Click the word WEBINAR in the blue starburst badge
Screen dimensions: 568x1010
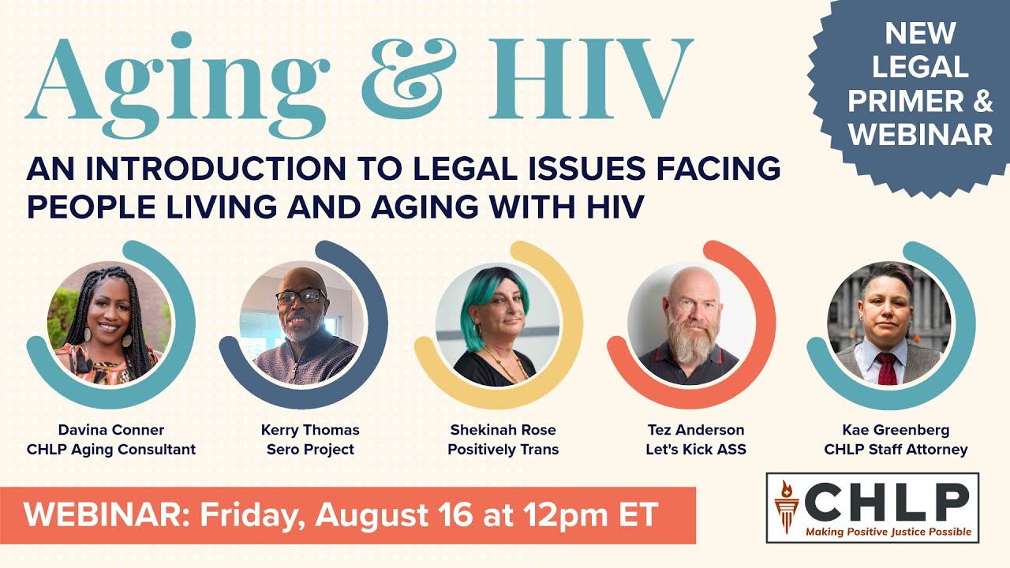[921, 134]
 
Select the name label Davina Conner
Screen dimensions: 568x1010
[110, 430]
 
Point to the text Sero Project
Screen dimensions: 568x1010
[309, 450]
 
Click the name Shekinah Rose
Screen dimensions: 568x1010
[503, 430]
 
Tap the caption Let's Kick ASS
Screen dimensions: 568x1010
[694, 450]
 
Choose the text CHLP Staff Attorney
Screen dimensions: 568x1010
[896, 450]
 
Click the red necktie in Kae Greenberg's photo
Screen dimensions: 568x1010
[887, 368]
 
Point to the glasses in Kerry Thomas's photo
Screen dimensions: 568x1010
[301, 297]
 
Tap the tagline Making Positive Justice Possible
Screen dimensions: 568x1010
[888, 532]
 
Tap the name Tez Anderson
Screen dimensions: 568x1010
[694, 430]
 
